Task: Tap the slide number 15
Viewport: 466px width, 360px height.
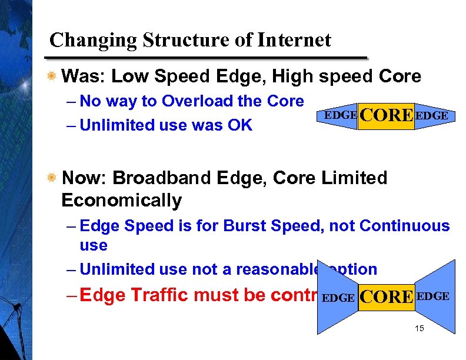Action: (x=419, y=328)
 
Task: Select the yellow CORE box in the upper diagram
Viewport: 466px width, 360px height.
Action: (x=385, y=115)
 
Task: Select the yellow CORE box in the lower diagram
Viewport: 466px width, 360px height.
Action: (x=385, y=297)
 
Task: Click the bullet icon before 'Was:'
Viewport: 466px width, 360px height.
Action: (x=53, y=76)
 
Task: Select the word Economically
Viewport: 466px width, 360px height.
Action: (x=122, y=201)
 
